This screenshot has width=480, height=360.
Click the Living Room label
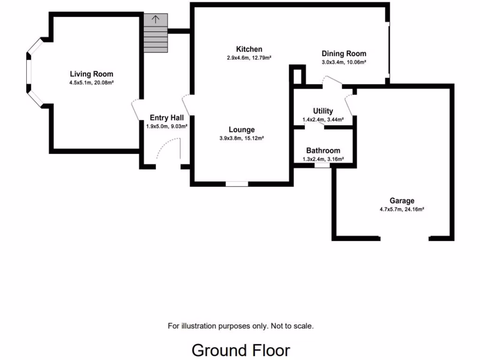[91, 74]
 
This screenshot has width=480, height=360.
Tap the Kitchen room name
[249, 49]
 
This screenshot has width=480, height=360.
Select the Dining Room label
[344, 53]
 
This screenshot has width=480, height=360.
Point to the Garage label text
[402, 201]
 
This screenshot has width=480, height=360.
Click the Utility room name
[323, 111]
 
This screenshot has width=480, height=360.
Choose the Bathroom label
[323, 150]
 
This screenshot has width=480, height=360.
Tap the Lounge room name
[242, 130]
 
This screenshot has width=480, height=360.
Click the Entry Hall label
[166, 118]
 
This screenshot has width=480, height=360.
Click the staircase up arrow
[155, 20]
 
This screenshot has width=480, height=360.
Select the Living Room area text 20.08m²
[104, 82]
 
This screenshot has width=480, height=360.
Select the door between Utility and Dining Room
[332, 82]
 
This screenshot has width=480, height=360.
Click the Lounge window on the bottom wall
[237, 184]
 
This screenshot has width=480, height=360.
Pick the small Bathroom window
[322, 165]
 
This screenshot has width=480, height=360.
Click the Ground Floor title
[240, 350]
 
